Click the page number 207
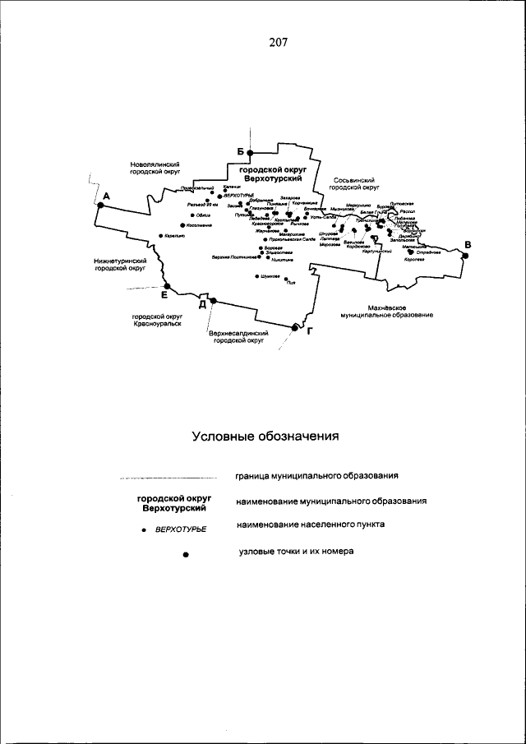[277, 42]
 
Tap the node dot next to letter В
[465, 256]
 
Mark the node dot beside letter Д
[213, 302]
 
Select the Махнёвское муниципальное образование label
[386, 311]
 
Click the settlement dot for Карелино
[160, 236]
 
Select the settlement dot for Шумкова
[257, 276]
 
